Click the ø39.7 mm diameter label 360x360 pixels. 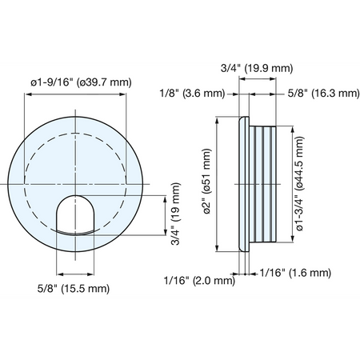[81, 82]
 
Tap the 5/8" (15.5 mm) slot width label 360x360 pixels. [74, 289]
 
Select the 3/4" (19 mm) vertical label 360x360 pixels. [176, 214]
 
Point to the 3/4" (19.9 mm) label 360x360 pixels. [257, 68]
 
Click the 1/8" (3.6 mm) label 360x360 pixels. [192, 94]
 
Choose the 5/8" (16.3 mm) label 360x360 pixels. [324, 94]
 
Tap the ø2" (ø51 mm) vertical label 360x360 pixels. [207, 182]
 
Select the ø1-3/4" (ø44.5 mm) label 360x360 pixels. [300, 184]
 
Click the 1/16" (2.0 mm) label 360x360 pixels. [199, 281]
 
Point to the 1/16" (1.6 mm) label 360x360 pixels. [295, 273]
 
